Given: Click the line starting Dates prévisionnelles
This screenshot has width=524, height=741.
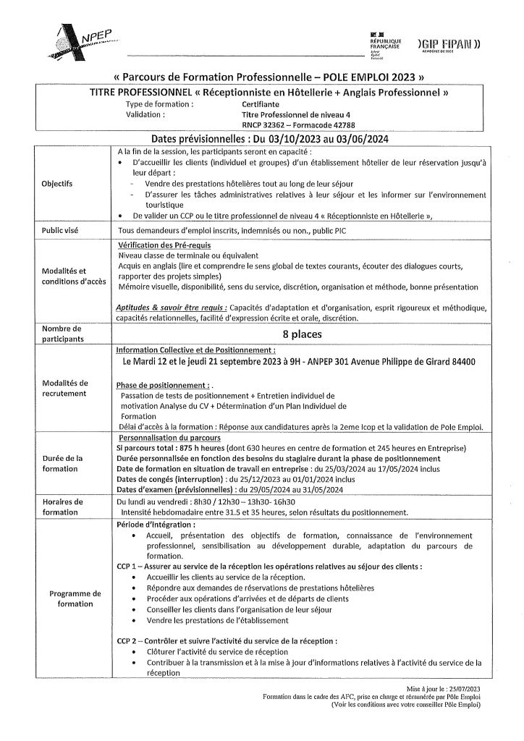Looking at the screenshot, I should [262, 138].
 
